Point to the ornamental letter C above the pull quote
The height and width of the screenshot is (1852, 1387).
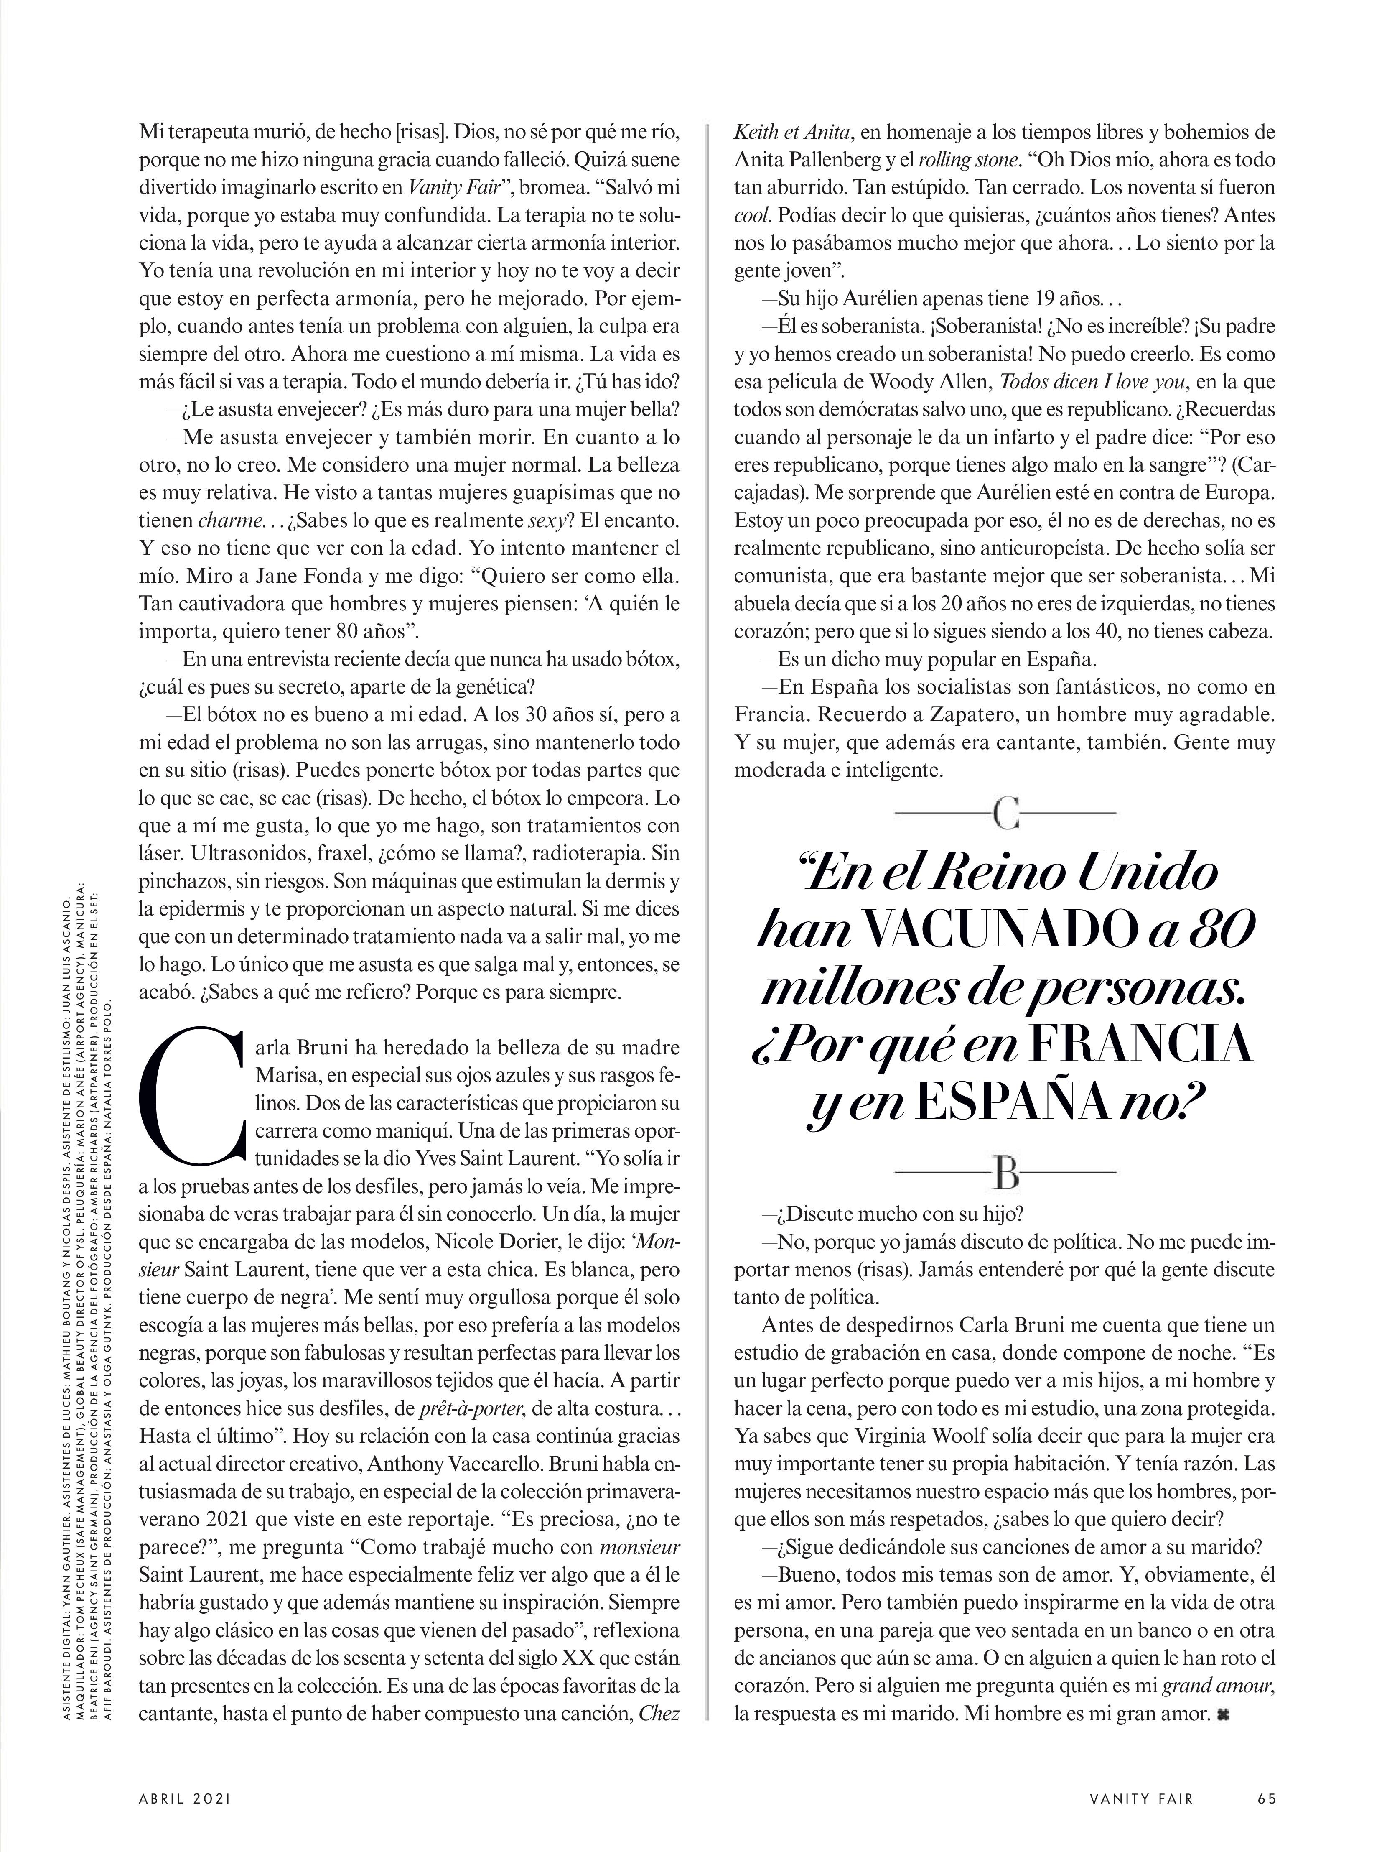click(1005, 812)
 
